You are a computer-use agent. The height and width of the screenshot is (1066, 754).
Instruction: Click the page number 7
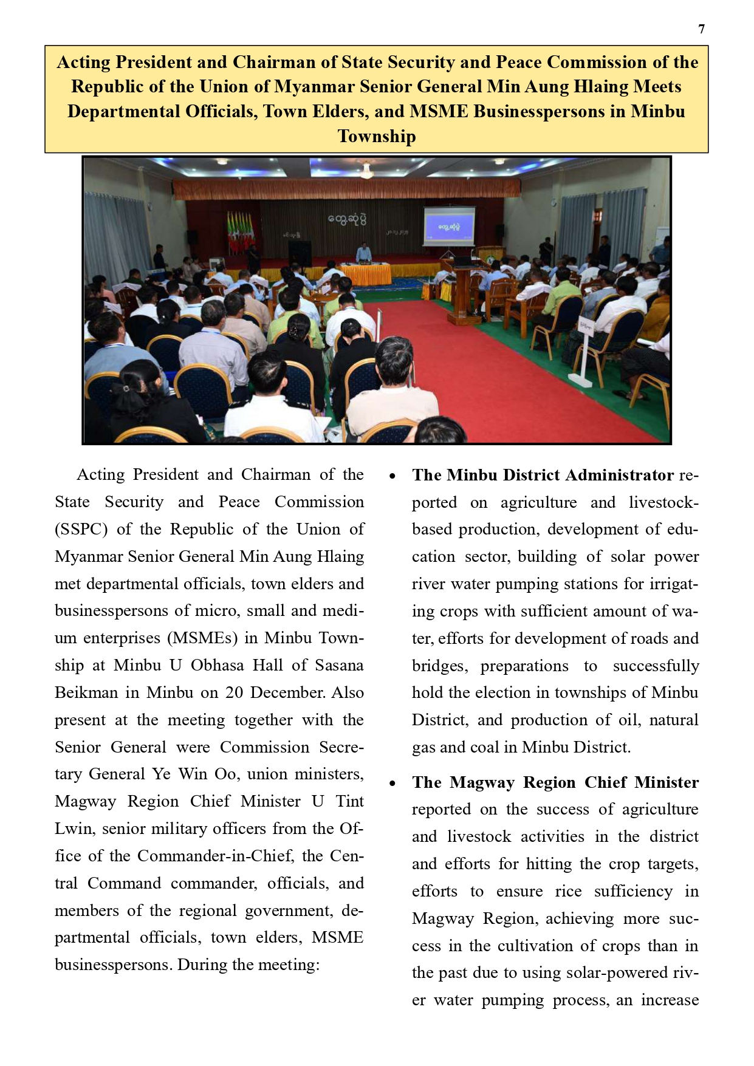702,29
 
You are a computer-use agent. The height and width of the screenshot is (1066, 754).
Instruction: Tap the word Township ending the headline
377,136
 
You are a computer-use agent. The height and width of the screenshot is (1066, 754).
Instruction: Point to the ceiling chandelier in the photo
365,172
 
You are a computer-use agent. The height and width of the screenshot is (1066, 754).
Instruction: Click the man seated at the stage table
363,252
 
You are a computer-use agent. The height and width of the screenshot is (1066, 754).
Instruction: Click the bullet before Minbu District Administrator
392,476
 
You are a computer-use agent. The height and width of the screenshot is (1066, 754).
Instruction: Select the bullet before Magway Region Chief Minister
392,783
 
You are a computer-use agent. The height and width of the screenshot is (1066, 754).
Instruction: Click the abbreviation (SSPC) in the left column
81,529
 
